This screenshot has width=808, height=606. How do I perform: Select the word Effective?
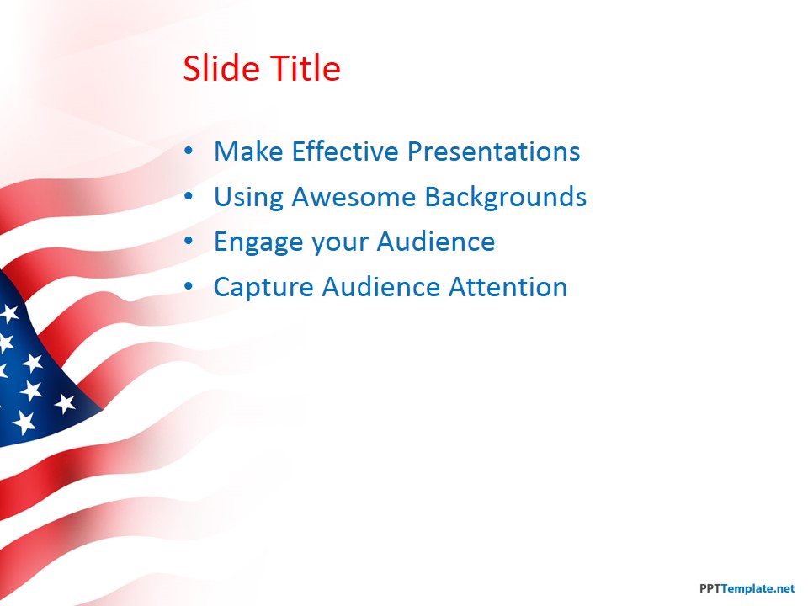click(x=346, y=151)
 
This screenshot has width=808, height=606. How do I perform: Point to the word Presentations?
click(x=494, y=151)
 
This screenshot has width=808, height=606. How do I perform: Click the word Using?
click(x=248, y=197)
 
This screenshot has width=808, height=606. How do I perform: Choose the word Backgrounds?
click(x=505, y=197)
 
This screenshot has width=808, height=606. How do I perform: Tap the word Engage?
click(x=258, y=242)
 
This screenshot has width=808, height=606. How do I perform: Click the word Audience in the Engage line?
click(x=435, y=242)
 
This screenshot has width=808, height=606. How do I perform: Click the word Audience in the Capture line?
click(x=379, y=287)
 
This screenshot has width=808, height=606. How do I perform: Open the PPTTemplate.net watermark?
click(x=747, y=589)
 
